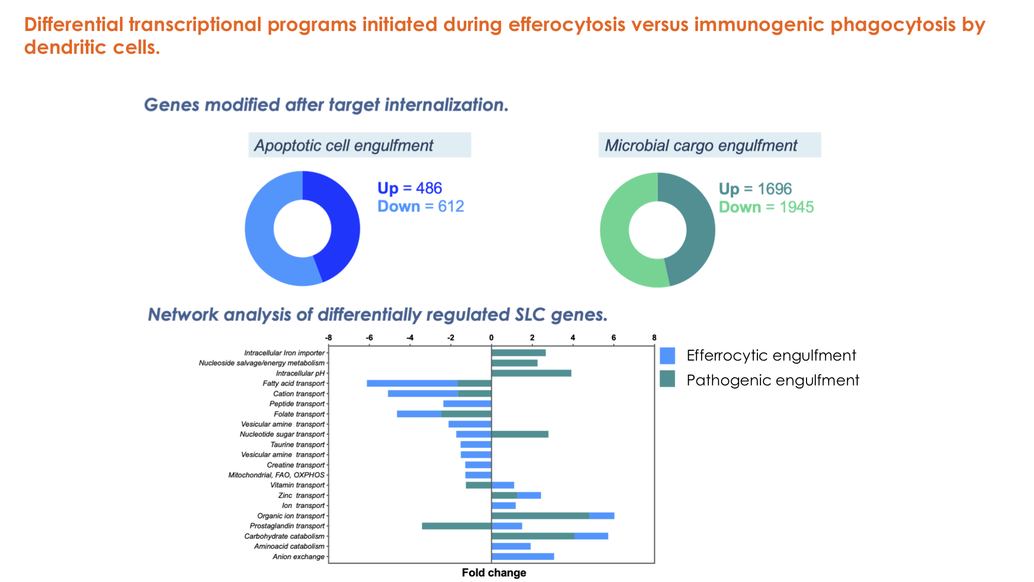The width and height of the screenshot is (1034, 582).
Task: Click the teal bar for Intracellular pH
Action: click(531, 373)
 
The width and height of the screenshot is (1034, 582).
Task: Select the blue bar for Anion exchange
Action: click(522, 557)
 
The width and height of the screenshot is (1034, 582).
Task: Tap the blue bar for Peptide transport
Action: click(467, 404)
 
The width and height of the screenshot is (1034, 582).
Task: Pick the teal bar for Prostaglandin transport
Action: click(456, 526)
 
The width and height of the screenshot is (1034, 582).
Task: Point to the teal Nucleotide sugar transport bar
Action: click(520, 434)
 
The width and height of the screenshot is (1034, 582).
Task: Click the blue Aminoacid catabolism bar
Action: click(511, 546)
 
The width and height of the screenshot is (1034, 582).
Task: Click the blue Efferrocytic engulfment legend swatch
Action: click(667, 356)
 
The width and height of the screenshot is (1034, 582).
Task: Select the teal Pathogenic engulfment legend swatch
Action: click(667, 379)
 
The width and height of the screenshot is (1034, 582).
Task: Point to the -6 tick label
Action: click(369, 338)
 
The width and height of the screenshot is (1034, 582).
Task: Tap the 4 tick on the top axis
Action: click(573, 338)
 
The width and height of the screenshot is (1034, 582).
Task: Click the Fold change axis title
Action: click(494, 573)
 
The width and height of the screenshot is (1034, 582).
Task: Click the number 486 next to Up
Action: click(429, 188)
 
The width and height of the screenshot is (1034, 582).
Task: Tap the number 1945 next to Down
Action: click(796, 207)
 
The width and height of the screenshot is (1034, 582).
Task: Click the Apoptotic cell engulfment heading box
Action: click(359, 145)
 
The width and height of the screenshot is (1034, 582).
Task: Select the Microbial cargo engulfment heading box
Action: click(709, 145)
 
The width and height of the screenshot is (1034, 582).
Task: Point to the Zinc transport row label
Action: click(301, 496)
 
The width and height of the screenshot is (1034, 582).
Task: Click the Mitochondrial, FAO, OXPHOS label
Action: click(277, 475)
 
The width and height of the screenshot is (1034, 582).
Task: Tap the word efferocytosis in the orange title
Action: click(567, 25)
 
